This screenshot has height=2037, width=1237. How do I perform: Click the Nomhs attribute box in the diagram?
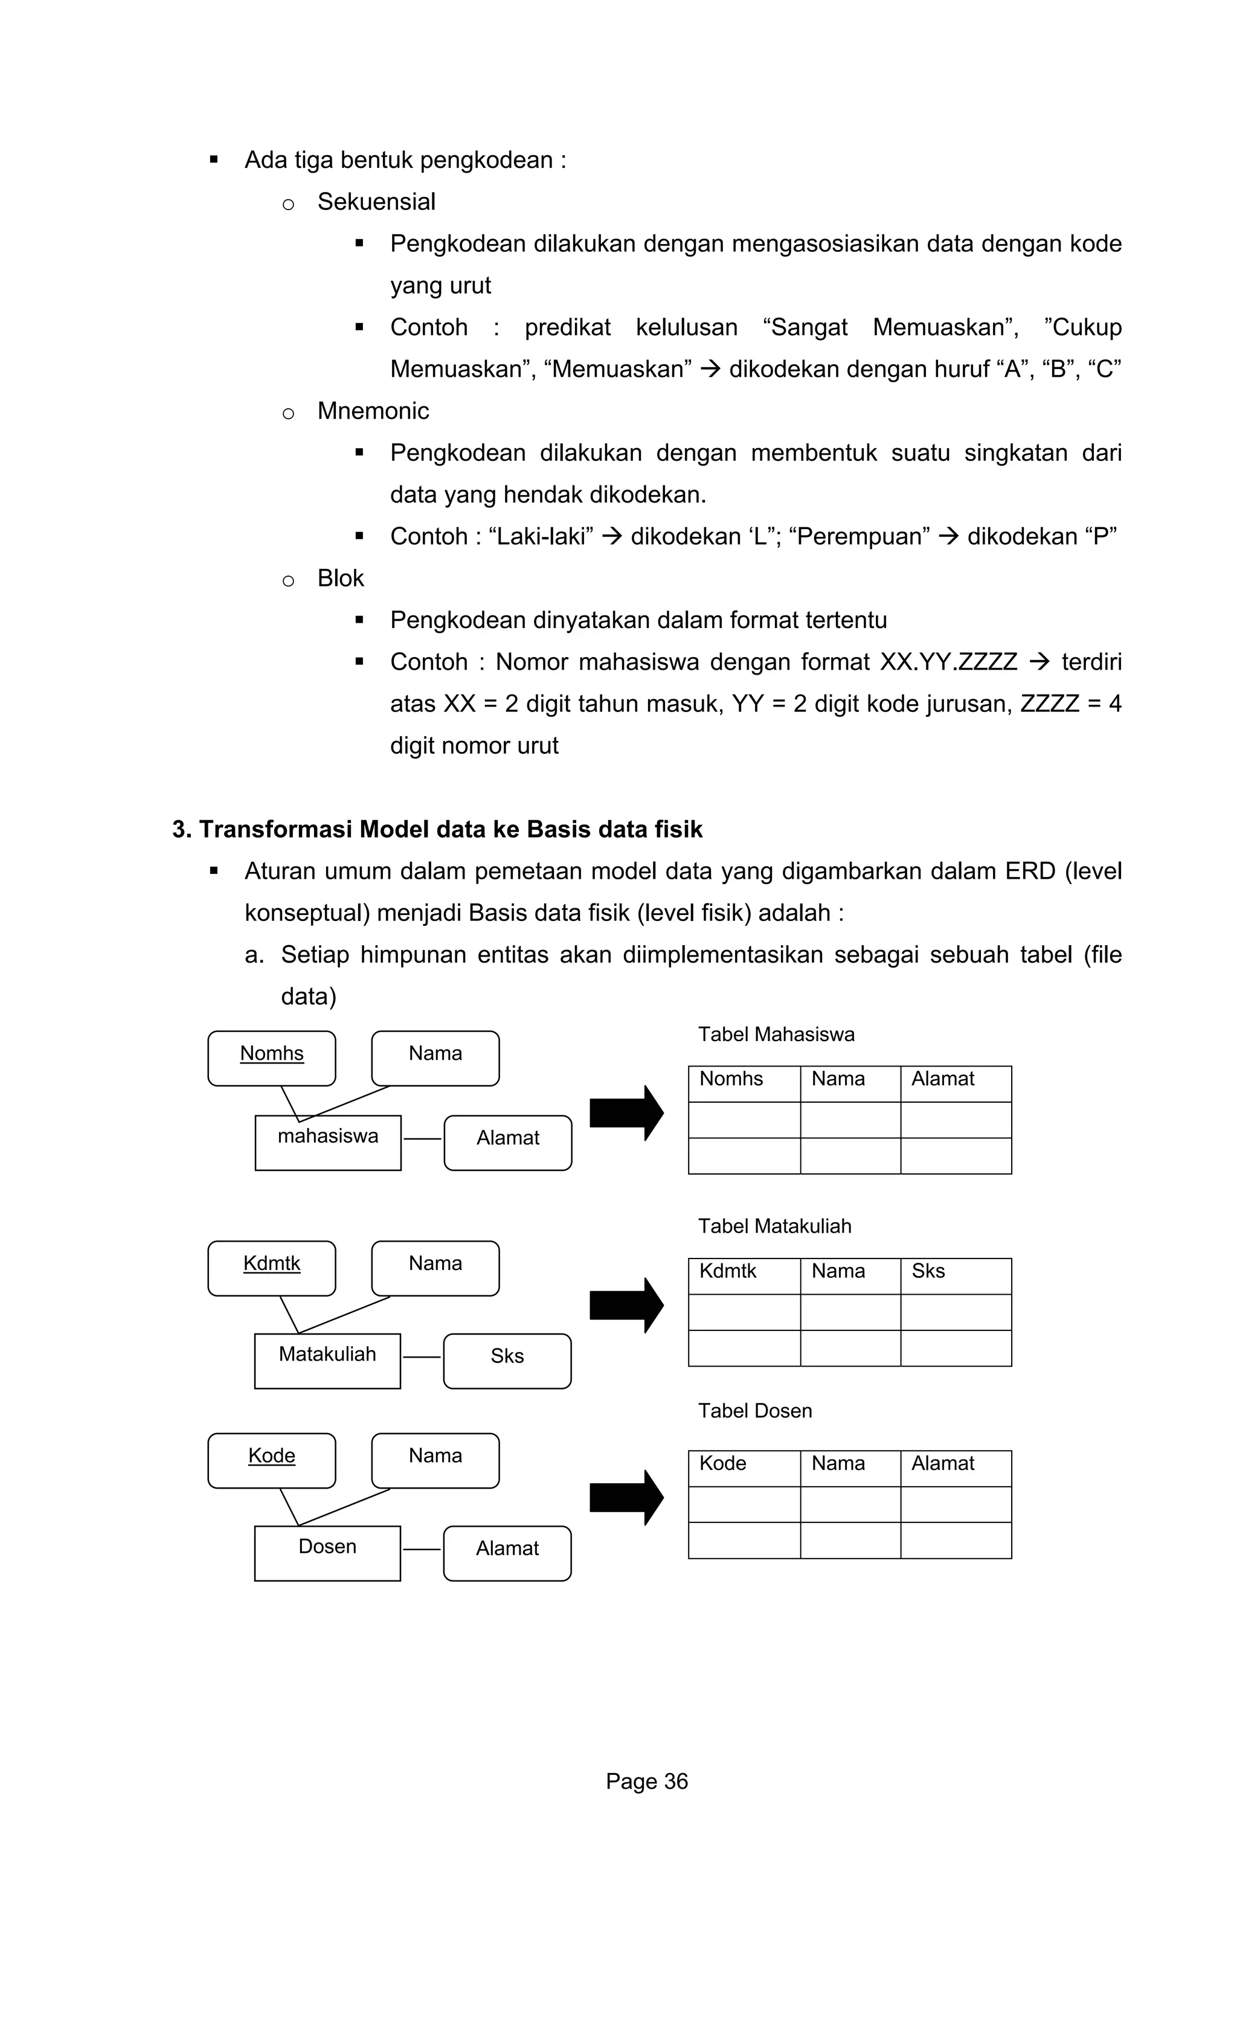(271, 1057)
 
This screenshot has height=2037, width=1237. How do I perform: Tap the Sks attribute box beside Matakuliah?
(507, 1361)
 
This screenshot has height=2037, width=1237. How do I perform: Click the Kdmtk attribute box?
(271, 1268)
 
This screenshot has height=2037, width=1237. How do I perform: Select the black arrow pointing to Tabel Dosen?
(626, 1497)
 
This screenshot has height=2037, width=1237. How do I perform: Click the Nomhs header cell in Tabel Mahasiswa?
(744, 1083)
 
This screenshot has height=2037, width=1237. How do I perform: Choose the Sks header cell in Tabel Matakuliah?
(955, 1275)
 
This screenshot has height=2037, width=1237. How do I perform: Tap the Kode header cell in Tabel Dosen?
(744, 1468)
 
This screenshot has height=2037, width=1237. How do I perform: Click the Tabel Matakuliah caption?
(774, 1226)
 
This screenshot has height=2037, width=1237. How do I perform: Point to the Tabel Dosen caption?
(754, 1410)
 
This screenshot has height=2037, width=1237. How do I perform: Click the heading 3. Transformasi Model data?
(437, 829)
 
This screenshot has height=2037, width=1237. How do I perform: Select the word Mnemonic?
(373, 411)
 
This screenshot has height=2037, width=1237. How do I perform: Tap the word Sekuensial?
(376, 202)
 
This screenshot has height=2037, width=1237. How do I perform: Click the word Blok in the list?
(340, 578)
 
